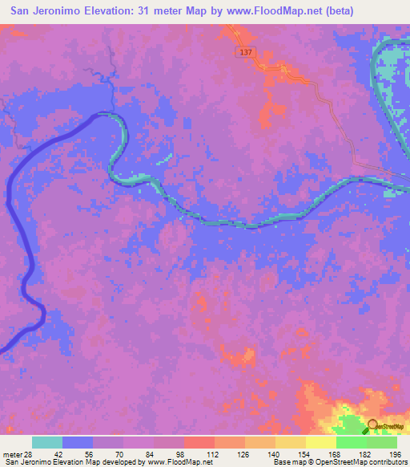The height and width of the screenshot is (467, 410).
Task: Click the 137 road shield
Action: pos(246,51)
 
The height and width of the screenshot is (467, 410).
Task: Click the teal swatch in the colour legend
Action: pos(47,442)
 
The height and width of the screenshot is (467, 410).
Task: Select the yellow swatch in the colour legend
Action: pos(321,442)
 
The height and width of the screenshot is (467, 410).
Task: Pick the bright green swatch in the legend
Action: pos(352,442)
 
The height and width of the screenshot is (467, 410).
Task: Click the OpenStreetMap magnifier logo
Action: pos(372,427)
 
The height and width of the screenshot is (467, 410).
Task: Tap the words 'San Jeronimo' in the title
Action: pos(50,10)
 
